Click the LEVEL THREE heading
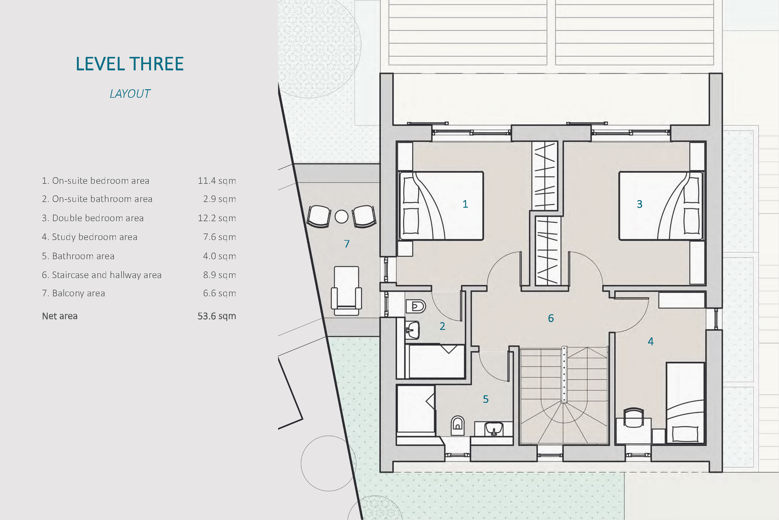(130, 64)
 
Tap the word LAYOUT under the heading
(130, 94)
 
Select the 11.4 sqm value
(217, 181)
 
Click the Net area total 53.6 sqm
(217, 316)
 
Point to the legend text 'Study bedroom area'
(94, 237)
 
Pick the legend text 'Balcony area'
(78, 293)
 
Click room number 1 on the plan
(465, 204)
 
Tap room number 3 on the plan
(640, 204)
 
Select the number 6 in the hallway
(551, 318)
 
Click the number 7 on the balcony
(347, 244)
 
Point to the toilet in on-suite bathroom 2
(415, 306)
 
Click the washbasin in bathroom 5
(493, 429)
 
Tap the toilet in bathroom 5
(457, 425)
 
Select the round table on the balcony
(341, 216)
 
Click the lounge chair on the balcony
(347, 291)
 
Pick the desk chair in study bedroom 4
(634, 417)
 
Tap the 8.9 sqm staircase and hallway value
(219, 275)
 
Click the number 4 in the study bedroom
(651, 342)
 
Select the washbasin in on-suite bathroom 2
(412, 330)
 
